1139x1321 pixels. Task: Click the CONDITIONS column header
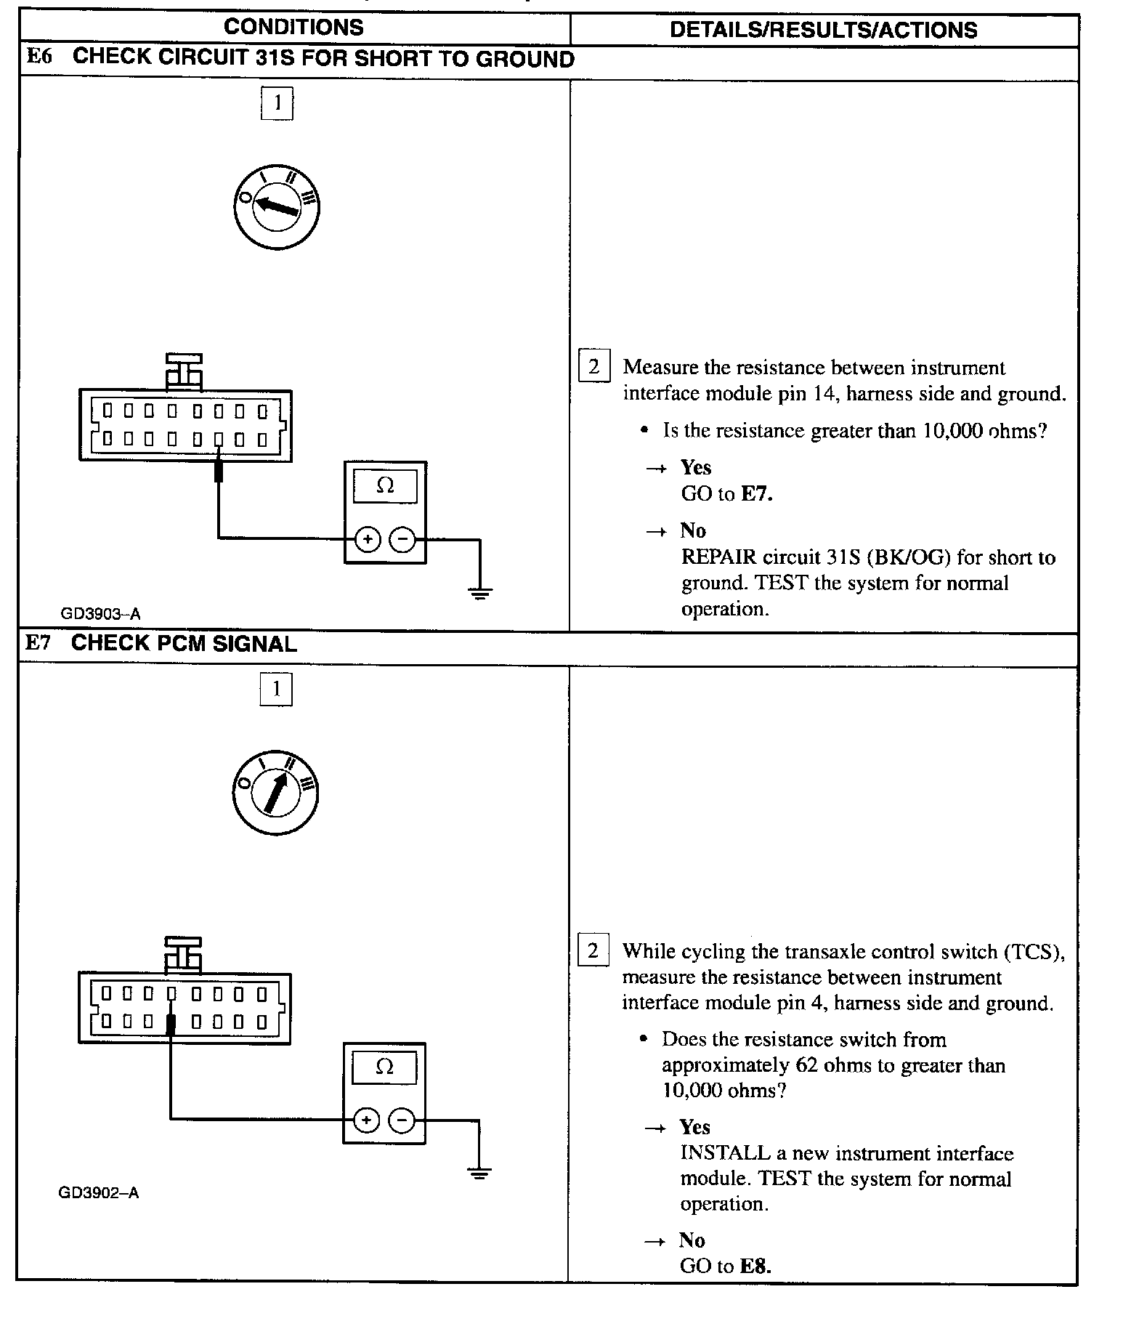click(x=293, y=28)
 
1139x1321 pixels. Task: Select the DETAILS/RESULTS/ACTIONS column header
click(x=823, y=30)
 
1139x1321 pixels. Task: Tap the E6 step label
click(x=39, y=57)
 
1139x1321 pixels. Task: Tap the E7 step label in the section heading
click(x=38, y=643)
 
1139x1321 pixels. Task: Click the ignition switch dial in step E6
click(x=277, y=207)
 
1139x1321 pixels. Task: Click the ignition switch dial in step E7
click(x=275, y=792)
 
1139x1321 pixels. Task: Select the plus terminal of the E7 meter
click(x=366, y=1120)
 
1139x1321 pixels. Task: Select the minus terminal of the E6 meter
click(x=402, y=539)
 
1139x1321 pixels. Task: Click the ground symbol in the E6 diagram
click(x=480, y=593)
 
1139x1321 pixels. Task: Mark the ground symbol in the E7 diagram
click(x=479, y=1173)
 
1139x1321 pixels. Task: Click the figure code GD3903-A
click(x=100, y=614)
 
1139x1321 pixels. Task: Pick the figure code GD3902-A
click(x=99, y=1193)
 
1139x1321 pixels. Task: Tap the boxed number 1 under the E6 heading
click(x=277, y=103)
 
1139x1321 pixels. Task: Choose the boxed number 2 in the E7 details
click(x=593, y=950)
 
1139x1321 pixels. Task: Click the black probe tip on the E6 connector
click(x=219, y=471)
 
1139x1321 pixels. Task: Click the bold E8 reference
click(x=755, y=1266)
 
